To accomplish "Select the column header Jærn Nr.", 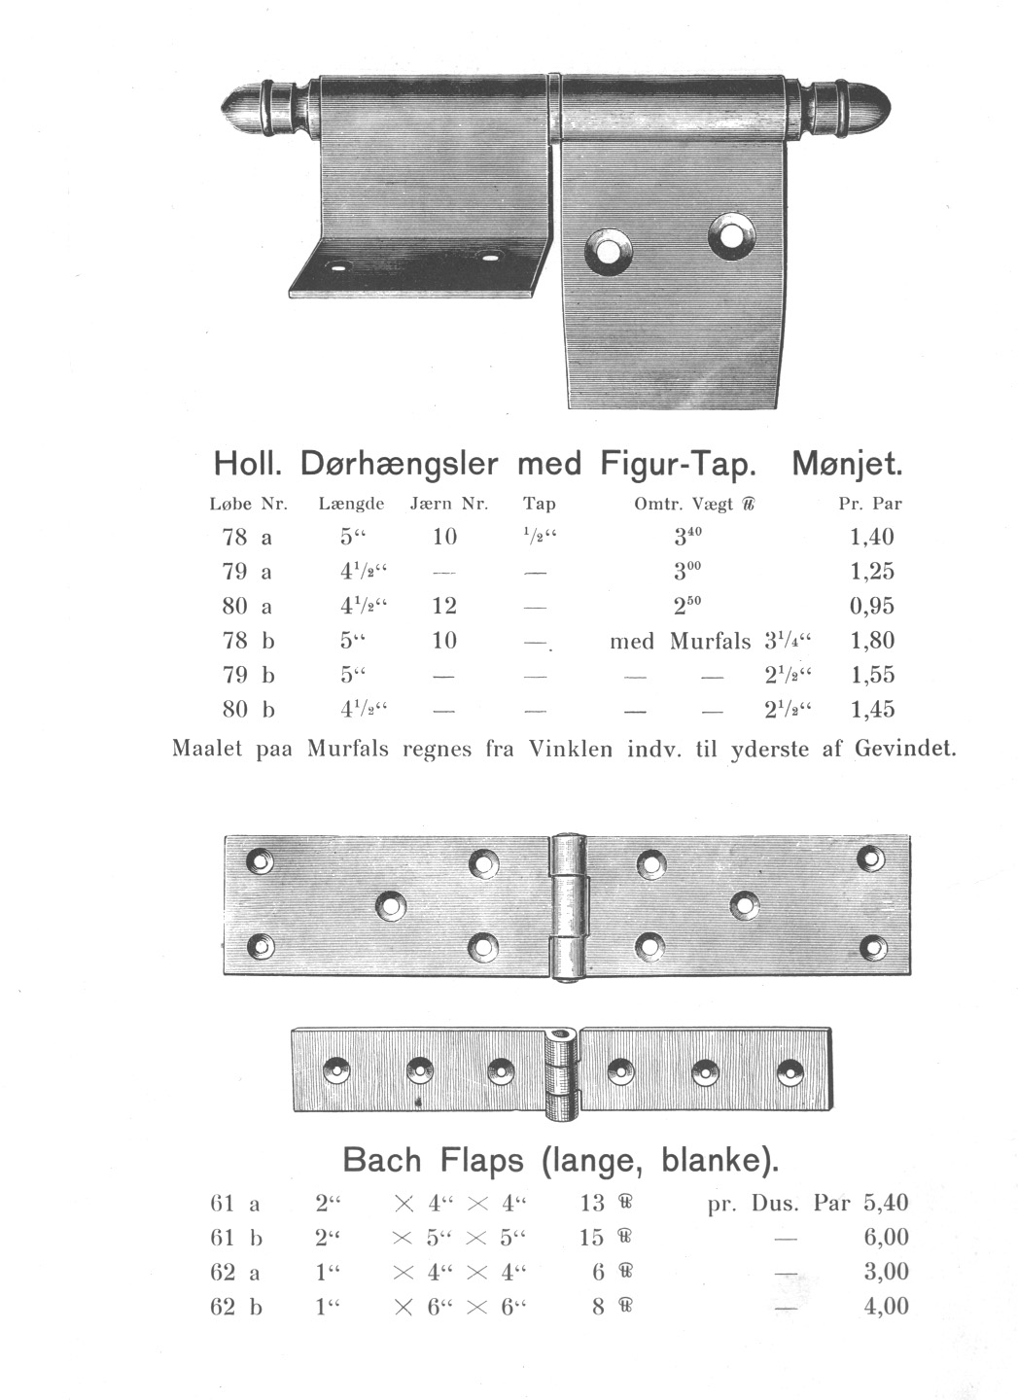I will (x=448, y=504).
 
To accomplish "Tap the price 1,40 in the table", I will (x=871, y=537).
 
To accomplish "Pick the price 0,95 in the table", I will (x=871, y=606).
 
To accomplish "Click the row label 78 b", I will (x=248, y=641).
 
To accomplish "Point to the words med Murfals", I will (x=680, y=641).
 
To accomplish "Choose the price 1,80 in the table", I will (x=871, y=641).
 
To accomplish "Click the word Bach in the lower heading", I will (x=382, y=1160).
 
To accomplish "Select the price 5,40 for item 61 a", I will (x=886, y=1203).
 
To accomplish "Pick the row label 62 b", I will (x=235, y=1307).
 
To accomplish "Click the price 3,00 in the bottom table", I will (x=886, y=1272).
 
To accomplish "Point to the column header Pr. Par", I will (x=870, y=504).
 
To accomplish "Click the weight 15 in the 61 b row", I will (x=592, y=1237).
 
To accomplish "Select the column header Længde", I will (x=351, y=504).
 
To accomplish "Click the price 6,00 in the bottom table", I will (x=886, y=1237).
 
